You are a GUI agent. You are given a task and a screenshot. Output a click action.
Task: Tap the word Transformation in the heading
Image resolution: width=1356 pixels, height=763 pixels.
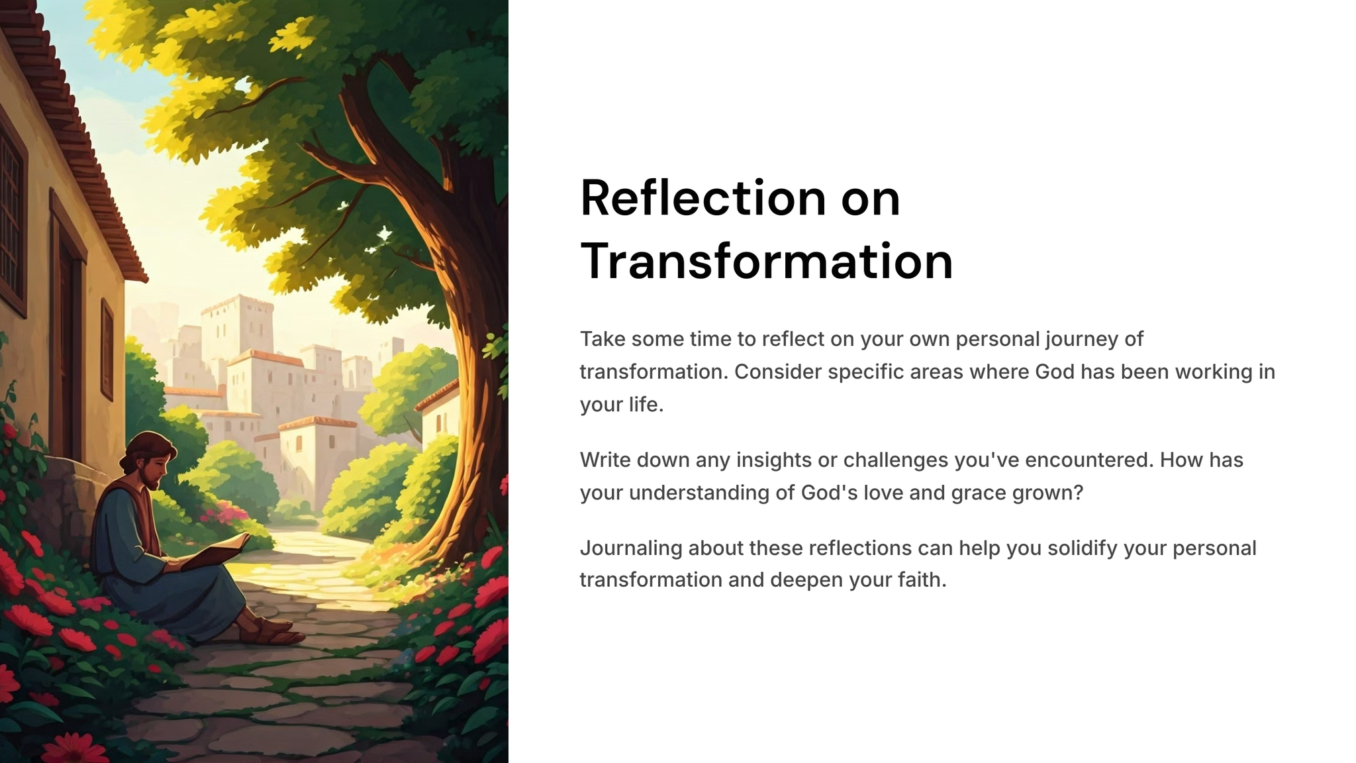point(767,261)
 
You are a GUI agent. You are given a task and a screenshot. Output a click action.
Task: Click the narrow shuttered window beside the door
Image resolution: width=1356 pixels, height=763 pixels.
point(107,350)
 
